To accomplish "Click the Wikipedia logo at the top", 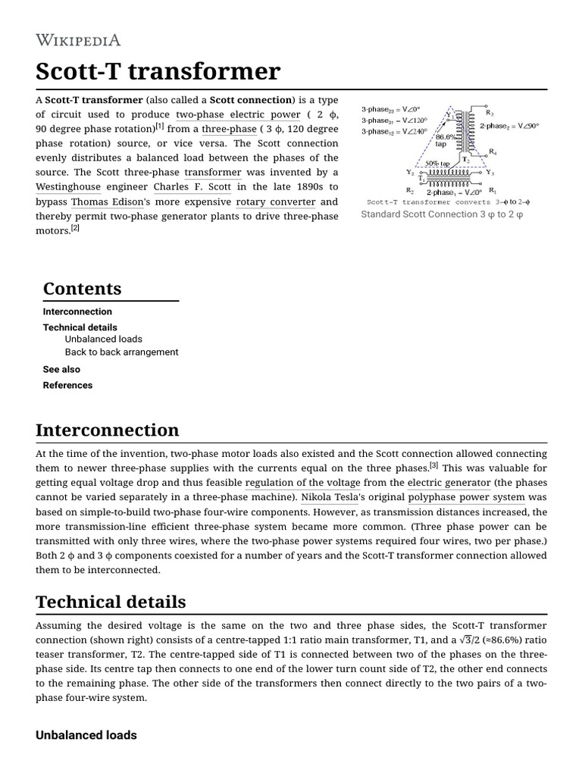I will (78, 41).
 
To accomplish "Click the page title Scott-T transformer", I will (158, 72).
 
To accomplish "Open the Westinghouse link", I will (67, 187).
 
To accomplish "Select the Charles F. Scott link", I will (192, 187).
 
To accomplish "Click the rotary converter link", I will (275, 202).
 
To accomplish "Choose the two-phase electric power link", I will (238, 114).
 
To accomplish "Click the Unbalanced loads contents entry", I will (103, 339).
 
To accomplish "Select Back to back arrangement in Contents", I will (121, 352).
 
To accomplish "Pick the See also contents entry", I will (61, 370).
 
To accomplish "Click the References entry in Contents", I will (67, 386).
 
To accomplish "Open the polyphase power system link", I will (466, 498).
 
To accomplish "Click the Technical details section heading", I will (111, 602).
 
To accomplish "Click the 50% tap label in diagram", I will (437, 163).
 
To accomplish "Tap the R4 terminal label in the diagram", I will (493, 152).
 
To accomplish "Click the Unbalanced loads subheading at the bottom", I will (86, 735).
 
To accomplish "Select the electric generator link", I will (449, 483).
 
